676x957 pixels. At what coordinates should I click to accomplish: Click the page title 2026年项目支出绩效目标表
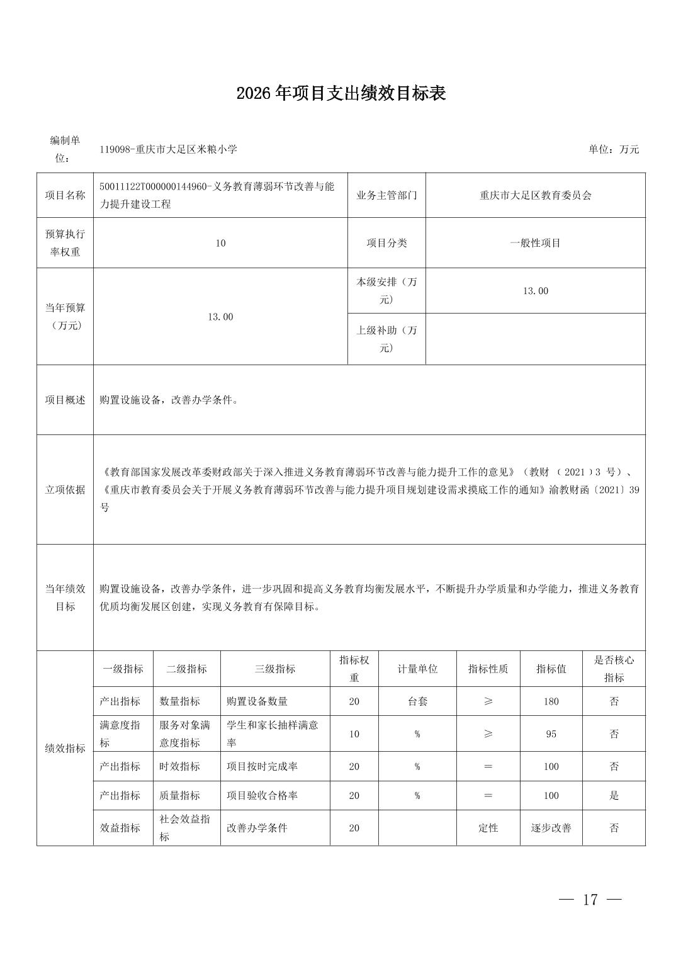click(x=341, y=94)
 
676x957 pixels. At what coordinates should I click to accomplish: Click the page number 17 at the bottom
click(x=590, y=899)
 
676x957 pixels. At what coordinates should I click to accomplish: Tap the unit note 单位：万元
click(x=613, y=149)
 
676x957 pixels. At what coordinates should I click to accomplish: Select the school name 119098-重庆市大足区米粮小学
click(x=168, y=149)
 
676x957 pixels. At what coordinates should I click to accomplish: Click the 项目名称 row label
click(x=65, y=195)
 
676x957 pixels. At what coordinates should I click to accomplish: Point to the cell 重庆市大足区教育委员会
click(x=535, y=195)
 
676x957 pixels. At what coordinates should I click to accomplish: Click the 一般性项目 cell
click(x=535, y=243)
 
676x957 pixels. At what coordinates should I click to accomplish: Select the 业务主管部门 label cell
click(x=386, y=195)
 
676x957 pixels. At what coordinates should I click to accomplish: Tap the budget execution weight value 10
click(x=220, y=243)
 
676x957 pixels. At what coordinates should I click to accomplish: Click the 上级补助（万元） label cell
click(x=386, y=339)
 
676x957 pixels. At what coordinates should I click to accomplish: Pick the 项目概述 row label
click(x=65, y=400)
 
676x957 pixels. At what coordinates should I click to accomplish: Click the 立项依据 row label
click(x=65, y=489)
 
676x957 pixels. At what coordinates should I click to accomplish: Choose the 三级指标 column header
click(x=274, y=669)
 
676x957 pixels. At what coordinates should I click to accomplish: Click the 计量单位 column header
click(x=417, y=669)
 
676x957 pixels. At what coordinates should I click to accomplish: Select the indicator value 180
click(x=551, y=701)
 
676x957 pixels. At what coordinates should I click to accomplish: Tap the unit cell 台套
click(x=417, y=701)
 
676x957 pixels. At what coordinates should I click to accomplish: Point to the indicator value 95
click(x=551, y=734)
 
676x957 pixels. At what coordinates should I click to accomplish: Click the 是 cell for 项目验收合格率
click(x=614, y=795)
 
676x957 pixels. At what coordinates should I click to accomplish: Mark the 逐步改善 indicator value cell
click(x=551, y=828)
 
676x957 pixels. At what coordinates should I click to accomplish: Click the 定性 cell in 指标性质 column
click(x=488, y=828)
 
